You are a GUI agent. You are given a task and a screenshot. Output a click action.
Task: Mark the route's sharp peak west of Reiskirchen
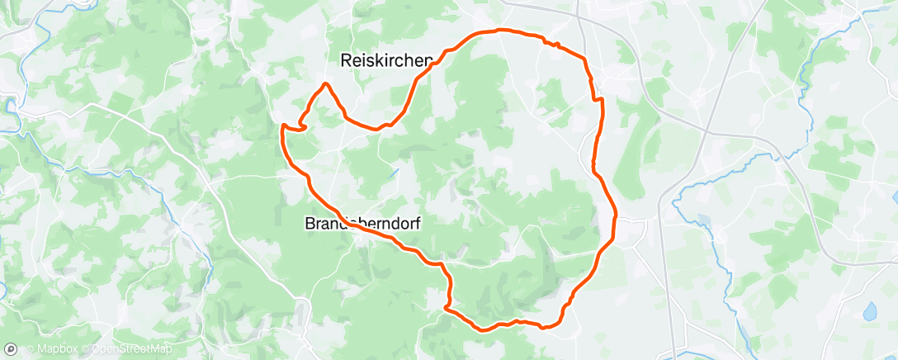(327, 84)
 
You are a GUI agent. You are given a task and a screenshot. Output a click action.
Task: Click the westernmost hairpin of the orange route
(285, 126)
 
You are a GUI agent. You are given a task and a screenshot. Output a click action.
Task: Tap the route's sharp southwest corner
(446, 308)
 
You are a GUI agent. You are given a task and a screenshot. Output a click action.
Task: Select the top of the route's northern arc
(499, 31)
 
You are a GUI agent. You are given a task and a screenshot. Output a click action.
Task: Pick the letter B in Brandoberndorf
(311, 223)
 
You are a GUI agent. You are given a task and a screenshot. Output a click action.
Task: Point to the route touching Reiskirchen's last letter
(428, 65)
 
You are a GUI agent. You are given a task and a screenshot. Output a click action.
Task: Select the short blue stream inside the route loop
(394, 173)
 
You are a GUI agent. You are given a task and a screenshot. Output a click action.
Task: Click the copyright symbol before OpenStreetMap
(85, 349)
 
